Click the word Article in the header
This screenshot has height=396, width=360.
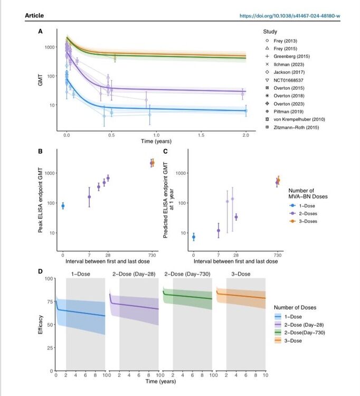34,16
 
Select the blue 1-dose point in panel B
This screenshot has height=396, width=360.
63,206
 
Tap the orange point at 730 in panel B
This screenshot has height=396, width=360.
153,163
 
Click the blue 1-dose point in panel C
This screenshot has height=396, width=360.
194,237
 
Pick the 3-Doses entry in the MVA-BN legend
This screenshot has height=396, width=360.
306,220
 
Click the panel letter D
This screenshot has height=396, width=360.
40,271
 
